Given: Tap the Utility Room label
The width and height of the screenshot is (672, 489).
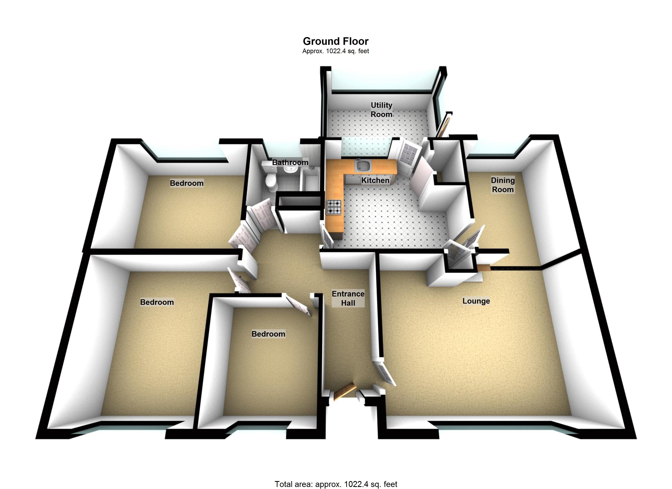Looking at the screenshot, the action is (x=381, y=110).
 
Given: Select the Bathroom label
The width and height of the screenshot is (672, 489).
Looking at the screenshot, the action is (x=290, y=163).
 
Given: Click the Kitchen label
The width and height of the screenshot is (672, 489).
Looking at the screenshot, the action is (x=375, y=180).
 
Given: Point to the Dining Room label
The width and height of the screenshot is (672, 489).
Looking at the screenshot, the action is (x=503, y=185).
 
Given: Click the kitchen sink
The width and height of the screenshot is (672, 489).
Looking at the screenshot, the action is (x=363, y=165).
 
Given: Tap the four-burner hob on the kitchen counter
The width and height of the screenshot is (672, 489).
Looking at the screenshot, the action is (x=334, y=207).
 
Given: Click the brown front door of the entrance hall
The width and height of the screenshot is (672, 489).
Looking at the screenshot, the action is (x=344, y=391).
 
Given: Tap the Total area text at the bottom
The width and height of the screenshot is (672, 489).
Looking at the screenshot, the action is (x=336, y=484).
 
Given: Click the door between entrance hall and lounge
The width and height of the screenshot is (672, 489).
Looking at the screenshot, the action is (x=385, y=372).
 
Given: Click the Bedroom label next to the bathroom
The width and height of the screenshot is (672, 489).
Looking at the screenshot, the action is (x=187, y=183).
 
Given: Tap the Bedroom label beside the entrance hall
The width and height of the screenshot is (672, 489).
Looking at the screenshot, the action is (x=268, y=334).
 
